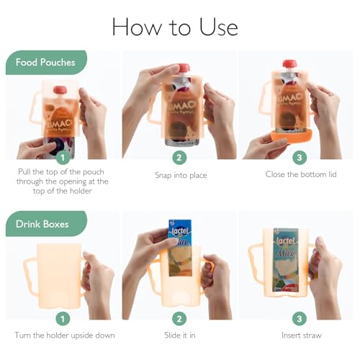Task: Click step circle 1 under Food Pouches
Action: coord(63,157)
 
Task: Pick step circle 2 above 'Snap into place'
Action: coord(179,157)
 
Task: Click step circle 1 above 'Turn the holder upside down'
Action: coord(63,318)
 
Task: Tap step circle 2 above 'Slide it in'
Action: coord(179,318)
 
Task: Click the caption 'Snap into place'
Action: coord(179,175)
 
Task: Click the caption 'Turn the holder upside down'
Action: coord(64,336)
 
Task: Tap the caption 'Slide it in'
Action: coord(179,336)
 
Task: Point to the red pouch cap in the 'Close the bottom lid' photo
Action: coord(289,64)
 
